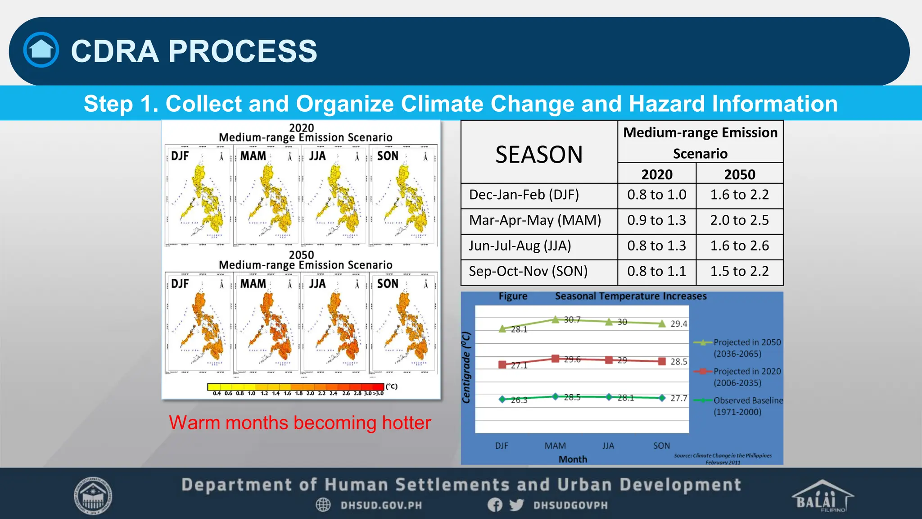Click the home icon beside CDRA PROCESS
(41, 50)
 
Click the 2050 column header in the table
(739, 174)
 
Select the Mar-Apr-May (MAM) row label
(535, 220)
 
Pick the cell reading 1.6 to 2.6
(739, 246)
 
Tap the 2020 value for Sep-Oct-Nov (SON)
(656, 271)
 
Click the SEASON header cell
(539, 155)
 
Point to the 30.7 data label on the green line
(572, 319)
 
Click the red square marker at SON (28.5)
(662, 361)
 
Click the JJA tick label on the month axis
(608, 446)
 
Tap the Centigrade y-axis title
(466, 367)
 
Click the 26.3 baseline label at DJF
(519, 400)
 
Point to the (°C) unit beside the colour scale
(391, 386)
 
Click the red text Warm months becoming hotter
(300, 423)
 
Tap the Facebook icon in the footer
(495, 505)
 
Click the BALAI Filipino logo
(822, 496)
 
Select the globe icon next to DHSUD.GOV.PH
(323, 505)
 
